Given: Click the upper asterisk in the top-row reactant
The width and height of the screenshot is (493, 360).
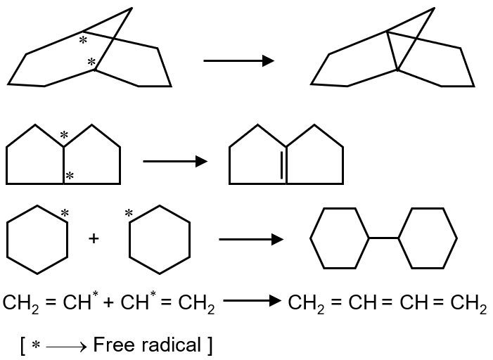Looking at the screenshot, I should (x=83, y=41).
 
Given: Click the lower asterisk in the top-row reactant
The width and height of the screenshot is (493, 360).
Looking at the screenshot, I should (x=91, y=63).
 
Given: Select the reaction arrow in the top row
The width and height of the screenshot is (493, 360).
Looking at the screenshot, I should (x=238, y=61).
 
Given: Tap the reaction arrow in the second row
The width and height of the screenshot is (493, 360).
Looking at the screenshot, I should (x=175, y=162).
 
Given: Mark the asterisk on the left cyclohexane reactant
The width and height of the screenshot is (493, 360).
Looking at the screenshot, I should (x=65, y=213).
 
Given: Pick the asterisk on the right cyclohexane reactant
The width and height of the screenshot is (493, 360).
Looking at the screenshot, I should (x=129, y=213).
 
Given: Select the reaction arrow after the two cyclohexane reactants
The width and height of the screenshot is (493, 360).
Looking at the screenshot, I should (x=251, y=240).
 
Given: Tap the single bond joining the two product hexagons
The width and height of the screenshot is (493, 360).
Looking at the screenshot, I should (x=383, y=239).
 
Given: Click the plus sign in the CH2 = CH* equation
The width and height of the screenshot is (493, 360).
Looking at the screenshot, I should (x=110, y=304).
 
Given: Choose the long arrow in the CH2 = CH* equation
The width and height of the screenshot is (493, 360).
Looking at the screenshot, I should (x=252, y=302).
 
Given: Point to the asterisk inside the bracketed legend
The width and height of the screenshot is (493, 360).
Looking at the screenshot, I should (x=36, y=346).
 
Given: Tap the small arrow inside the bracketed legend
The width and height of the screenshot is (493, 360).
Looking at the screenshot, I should (x=67, y=346).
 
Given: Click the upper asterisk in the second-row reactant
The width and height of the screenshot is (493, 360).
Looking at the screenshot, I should (x=64, y=135).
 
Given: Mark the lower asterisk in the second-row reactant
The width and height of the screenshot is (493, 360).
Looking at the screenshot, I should (x=69, y=176).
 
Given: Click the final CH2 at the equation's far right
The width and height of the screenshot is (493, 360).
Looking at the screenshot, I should (x=468, y=304).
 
